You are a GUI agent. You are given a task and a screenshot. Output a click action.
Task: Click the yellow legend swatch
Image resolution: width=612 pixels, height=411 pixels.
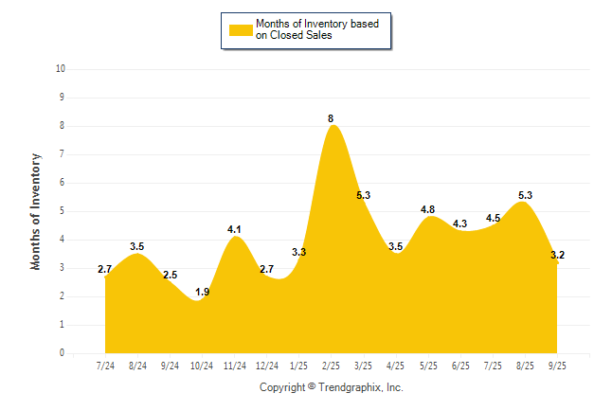240,30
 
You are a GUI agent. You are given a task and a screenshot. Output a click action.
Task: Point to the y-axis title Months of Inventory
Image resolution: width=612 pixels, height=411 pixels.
36,211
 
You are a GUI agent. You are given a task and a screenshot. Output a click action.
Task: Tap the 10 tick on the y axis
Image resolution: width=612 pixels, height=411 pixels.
61,69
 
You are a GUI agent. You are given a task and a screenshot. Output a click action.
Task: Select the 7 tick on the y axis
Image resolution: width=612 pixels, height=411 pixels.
62,154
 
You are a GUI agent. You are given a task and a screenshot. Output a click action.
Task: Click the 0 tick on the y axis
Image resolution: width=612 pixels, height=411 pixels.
62,353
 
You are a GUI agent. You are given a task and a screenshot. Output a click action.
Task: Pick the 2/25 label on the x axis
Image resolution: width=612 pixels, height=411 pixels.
332,366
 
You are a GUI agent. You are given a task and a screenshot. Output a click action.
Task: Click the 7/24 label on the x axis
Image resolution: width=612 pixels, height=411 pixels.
106,366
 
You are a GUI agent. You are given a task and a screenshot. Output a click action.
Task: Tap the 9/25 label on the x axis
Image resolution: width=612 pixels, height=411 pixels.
557,366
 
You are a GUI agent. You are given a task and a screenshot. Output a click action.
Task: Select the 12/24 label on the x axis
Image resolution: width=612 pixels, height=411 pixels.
267,366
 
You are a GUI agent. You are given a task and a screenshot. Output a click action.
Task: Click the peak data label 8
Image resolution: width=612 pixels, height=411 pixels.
331,118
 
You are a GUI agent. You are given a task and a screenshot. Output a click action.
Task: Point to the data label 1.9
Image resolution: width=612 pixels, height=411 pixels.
203,293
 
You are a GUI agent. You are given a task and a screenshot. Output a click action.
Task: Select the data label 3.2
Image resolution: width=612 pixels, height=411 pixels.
557,255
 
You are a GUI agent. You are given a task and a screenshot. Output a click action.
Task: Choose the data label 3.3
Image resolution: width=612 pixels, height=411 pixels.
299,252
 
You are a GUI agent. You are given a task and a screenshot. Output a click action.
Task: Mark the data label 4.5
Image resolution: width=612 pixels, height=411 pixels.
493,218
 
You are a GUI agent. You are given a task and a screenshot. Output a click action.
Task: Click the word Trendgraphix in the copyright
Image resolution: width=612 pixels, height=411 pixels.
351,387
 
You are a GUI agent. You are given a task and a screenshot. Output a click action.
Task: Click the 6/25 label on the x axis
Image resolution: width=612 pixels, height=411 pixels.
460,366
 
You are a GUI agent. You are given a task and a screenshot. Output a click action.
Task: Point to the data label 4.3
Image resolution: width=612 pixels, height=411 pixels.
460,223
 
